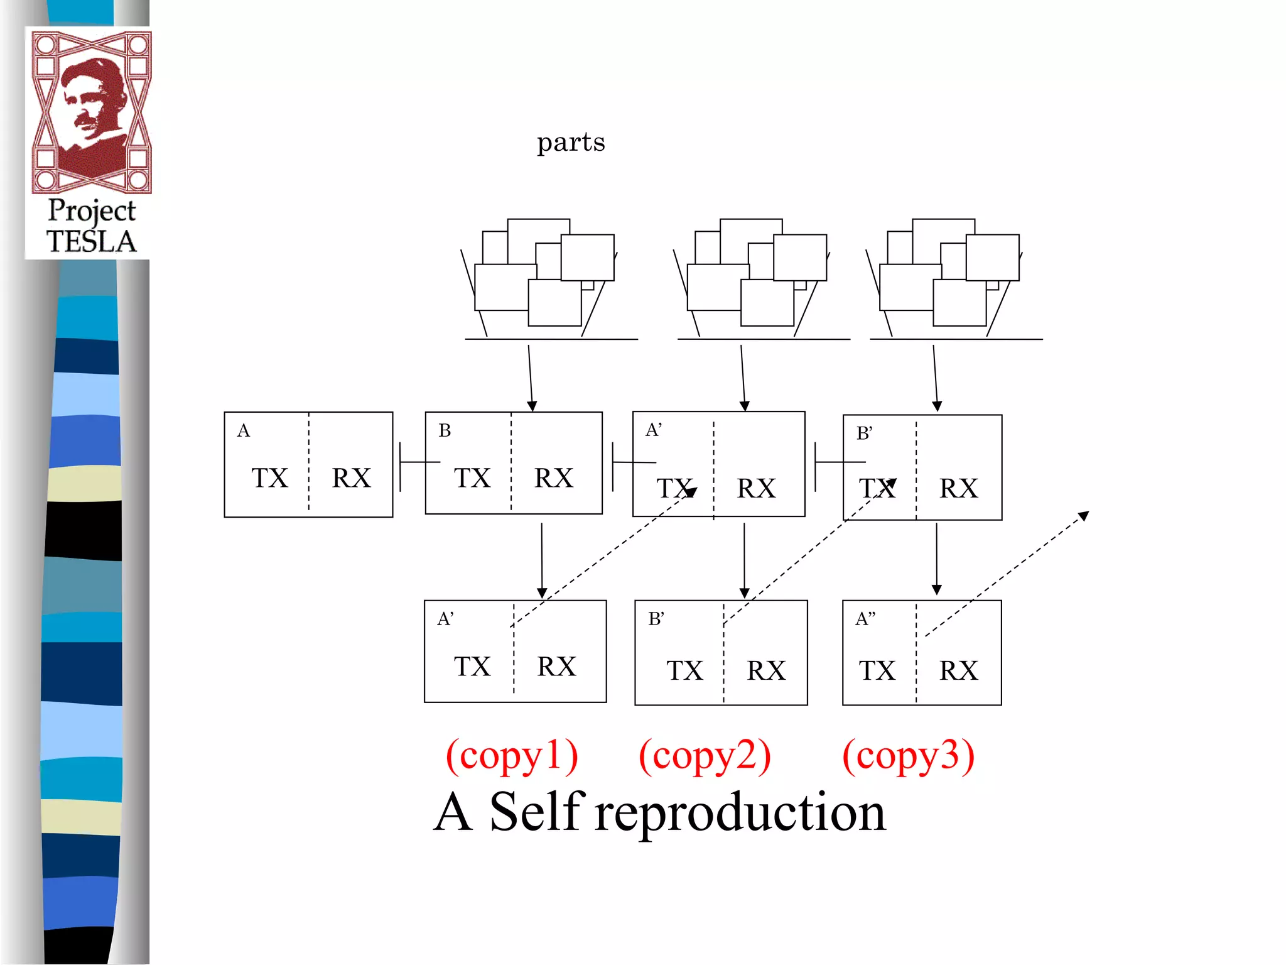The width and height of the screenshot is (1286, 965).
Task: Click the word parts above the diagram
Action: (x=571, y=143)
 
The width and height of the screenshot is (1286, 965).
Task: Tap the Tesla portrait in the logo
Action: (x=92, y=110)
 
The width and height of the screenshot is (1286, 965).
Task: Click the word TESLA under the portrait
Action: (x=91, y=242)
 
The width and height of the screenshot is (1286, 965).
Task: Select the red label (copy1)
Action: (x=512, y=756)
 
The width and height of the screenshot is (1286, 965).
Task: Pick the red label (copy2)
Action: (x=705, y=756)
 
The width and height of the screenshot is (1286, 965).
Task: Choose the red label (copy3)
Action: (x=908, y=756)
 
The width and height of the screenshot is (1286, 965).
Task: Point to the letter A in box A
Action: (x=244, y=431)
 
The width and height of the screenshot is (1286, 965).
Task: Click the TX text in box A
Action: (x=270, y=478)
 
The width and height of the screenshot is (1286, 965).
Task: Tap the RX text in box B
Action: (x=553, y=478)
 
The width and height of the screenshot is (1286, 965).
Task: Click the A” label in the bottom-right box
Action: (x=865, y=619)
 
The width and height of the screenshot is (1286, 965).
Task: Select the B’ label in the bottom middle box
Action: (x=656, y=619)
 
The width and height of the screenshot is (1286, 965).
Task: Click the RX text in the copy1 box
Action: (x=556, y=667)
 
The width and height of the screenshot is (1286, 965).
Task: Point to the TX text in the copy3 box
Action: (x=877, y=671)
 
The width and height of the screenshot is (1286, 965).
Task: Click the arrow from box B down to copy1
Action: (x=542, y=559)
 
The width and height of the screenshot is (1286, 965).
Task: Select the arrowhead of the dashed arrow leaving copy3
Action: (x=1084, y=516)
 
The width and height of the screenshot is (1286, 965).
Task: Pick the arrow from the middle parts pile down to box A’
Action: (x=743, y=377)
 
